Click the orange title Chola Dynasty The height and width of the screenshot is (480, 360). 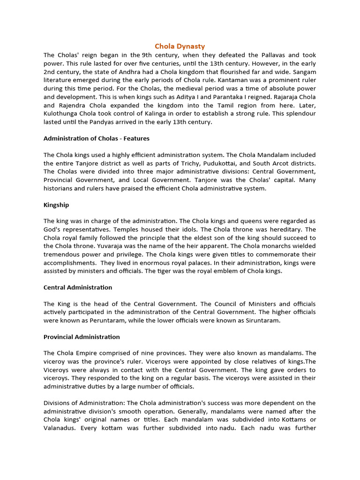180,46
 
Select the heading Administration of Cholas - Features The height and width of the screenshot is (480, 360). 97,138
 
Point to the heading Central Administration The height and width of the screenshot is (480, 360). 78,287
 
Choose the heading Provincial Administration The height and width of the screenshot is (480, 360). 82,337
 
